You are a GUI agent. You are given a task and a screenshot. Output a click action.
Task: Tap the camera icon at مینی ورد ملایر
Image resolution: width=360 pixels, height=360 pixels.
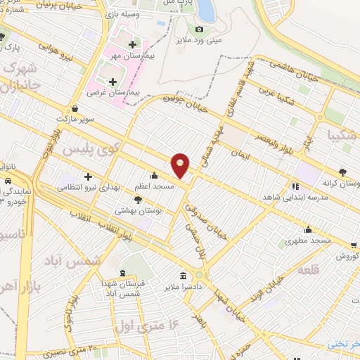tap(199, 29)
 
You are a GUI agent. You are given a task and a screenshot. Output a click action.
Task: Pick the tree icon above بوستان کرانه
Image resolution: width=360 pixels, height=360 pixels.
tap(342, 171)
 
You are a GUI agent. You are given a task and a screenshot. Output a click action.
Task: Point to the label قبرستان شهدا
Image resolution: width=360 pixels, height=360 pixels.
tap(124, 283)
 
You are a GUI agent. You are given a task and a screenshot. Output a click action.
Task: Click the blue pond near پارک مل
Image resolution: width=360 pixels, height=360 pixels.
tap(206, 8)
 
